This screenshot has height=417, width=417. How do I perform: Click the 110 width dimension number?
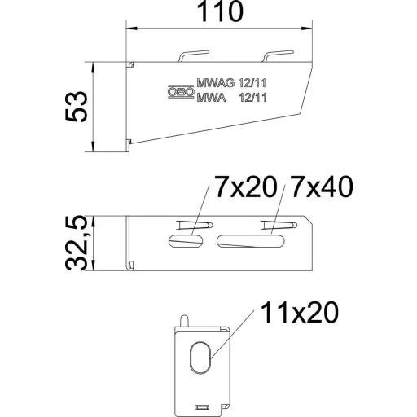click(x=220, y=11)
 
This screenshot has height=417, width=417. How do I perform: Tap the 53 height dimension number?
click(x=77, y=106)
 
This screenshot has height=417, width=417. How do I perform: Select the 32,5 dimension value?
click(x=77, y=243)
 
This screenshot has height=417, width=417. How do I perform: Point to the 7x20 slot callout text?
click(x=246, y=187)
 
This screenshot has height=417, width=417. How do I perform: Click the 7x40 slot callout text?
click(x=322, y=187)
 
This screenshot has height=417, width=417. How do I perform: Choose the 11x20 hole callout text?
click(x=300, y=312)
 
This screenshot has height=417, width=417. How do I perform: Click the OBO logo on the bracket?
click(x=181, y=92)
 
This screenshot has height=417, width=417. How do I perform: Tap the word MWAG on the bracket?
click(x=215, y=83)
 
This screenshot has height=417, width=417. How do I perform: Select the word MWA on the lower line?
click(x=211, y=98)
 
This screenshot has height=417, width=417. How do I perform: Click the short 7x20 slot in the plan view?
click(x=186, y=241)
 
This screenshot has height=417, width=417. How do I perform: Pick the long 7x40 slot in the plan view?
click(x=251, y=241)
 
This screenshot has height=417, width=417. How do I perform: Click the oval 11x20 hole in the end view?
click(x=200, y=358)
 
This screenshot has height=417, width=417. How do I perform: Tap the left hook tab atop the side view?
click(x=193, y=56)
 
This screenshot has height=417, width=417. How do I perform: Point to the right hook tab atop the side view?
click(x=278, y=56)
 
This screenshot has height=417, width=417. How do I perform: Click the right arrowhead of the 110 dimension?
click(x=307, y=28)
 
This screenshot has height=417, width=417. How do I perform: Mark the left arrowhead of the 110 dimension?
click(x=133, y=28)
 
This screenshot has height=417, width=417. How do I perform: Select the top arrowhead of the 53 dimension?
click(x=93, y=68)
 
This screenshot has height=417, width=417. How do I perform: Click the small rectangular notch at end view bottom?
click(x=202, y=406)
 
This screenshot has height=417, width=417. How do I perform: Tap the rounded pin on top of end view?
click(x=184, y=321)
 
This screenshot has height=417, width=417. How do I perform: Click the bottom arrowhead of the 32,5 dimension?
click(x=93, y=266)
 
